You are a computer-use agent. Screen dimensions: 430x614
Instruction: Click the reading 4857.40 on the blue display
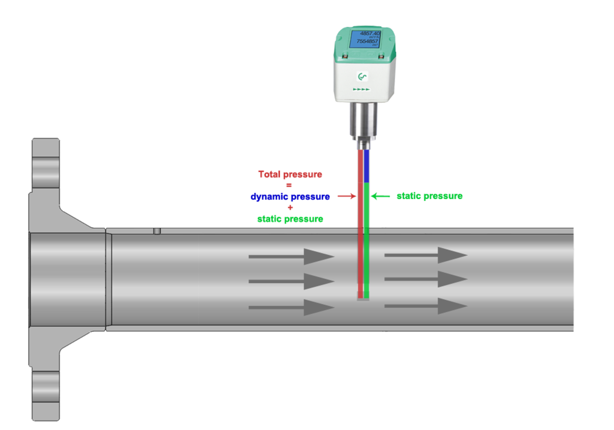(369, 33)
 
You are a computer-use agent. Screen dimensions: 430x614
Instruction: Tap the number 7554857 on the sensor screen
(367, 41)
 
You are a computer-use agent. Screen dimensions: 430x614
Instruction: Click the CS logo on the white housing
(362, 77)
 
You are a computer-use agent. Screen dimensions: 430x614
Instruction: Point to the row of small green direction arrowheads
(362, 90)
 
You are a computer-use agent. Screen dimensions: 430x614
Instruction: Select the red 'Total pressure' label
(290, 174)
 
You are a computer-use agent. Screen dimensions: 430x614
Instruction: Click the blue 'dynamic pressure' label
(290, 197)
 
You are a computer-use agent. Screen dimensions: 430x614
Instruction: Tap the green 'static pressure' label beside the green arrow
(429, 196)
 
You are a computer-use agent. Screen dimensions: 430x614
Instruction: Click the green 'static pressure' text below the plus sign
(290, 219)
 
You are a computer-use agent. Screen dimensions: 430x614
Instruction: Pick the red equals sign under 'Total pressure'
(289, 185)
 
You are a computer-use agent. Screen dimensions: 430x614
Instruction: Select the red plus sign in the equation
(290, 208)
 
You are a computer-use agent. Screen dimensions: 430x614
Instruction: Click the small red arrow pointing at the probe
(347, 196)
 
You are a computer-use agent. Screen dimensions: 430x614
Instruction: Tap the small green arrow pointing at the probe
(381, 196)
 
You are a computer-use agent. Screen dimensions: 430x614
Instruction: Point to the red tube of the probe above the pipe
(360, 188)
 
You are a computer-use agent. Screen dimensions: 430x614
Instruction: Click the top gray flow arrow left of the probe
(291, 256)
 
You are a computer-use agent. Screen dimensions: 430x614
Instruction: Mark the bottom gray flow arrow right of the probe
(426, 306)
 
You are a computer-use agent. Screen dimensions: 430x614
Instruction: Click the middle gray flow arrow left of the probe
(291, 281)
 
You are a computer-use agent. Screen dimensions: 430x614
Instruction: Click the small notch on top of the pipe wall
(157, 231)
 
